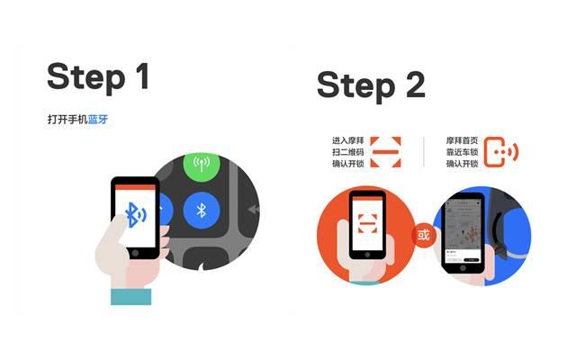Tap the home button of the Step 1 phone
136,253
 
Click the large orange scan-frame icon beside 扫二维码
386,152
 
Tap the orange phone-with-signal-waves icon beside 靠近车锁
501,152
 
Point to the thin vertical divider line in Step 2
423,152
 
